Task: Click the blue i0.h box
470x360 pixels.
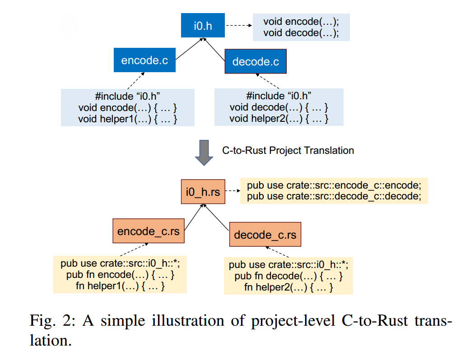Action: [x=203, y=26]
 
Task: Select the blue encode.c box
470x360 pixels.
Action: [x=144, y=60]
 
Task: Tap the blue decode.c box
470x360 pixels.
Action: [x=256, y=61]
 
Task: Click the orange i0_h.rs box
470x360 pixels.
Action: [x=203, y=192]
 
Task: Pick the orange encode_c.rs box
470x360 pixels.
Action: [x=148, y=231]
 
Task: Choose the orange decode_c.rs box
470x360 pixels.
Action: [x=265, y=235]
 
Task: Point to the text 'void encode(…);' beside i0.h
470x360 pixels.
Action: [x=301, y=21]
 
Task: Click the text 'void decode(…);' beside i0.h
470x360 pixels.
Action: [x=301, y=33]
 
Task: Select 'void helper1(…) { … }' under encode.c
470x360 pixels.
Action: [x=128, y=119]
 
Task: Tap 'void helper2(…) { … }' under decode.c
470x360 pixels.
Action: [x=279, y=119]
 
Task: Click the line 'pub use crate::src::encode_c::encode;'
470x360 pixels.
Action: [x=334, y=185]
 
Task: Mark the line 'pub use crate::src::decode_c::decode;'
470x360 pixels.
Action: [x=334, y=196]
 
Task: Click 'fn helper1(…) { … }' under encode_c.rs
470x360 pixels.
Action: [x=120, y=286]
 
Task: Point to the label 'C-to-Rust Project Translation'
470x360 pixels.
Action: [x=288, y=150]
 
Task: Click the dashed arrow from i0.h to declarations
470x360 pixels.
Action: [x=238, y=26]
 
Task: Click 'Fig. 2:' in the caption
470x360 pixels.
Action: [x=49, y=320]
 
